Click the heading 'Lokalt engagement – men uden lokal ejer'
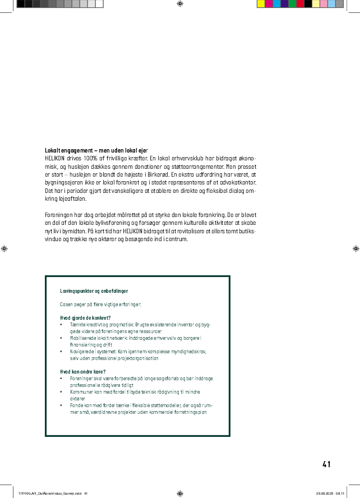pos(96,151)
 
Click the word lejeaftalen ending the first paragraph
pos(74,199)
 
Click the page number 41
pos(326,464)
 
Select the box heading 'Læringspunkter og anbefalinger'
pos(94,291)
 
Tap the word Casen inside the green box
pos(67,305)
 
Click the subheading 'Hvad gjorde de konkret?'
pos(85,318)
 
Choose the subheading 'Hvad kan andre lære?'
pos(83,372)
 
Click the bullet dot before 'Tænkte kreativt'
pos(62,325)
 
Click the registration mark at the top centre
pos(179,4)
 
